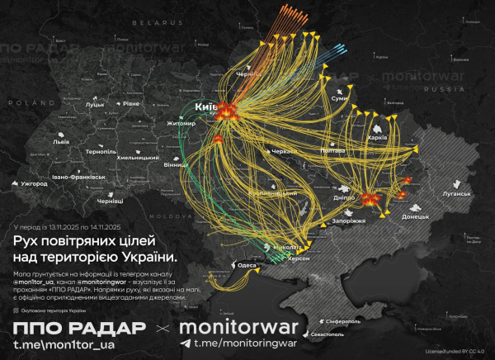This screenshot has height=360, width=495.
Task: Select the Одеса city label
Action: pos(246,265)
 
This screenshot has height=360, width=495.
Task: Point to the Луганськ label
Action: pos(456,196)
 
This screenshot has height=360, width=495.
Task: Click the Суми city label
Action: pos(338,98)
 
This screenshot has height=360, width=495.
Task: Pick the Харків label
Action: pos(377,137)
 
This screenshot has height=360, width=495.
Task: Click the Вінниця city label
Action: pos(198,165)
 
